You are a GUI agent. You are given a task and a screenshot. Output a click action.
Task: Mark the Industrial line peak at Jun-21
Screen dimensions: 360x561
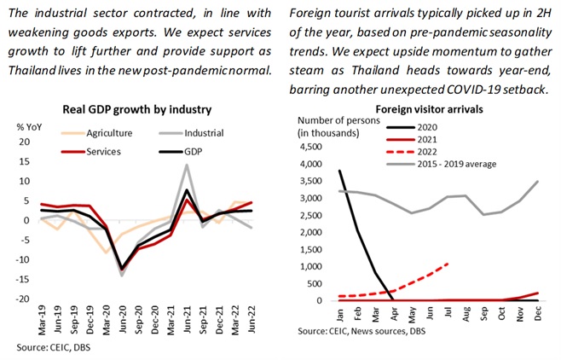coord(186,165)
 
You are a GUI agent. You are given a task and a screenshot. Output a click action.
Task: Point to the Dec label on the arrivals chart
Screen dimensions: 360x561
coord(539,314)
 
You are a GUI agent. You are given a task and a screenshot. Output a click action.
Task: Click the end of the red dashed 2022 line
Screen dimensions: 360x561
coord(448,264)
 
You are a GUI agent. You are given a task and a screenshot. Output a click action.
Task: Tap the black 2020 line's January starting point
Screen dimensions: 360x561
coord(316,171)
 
